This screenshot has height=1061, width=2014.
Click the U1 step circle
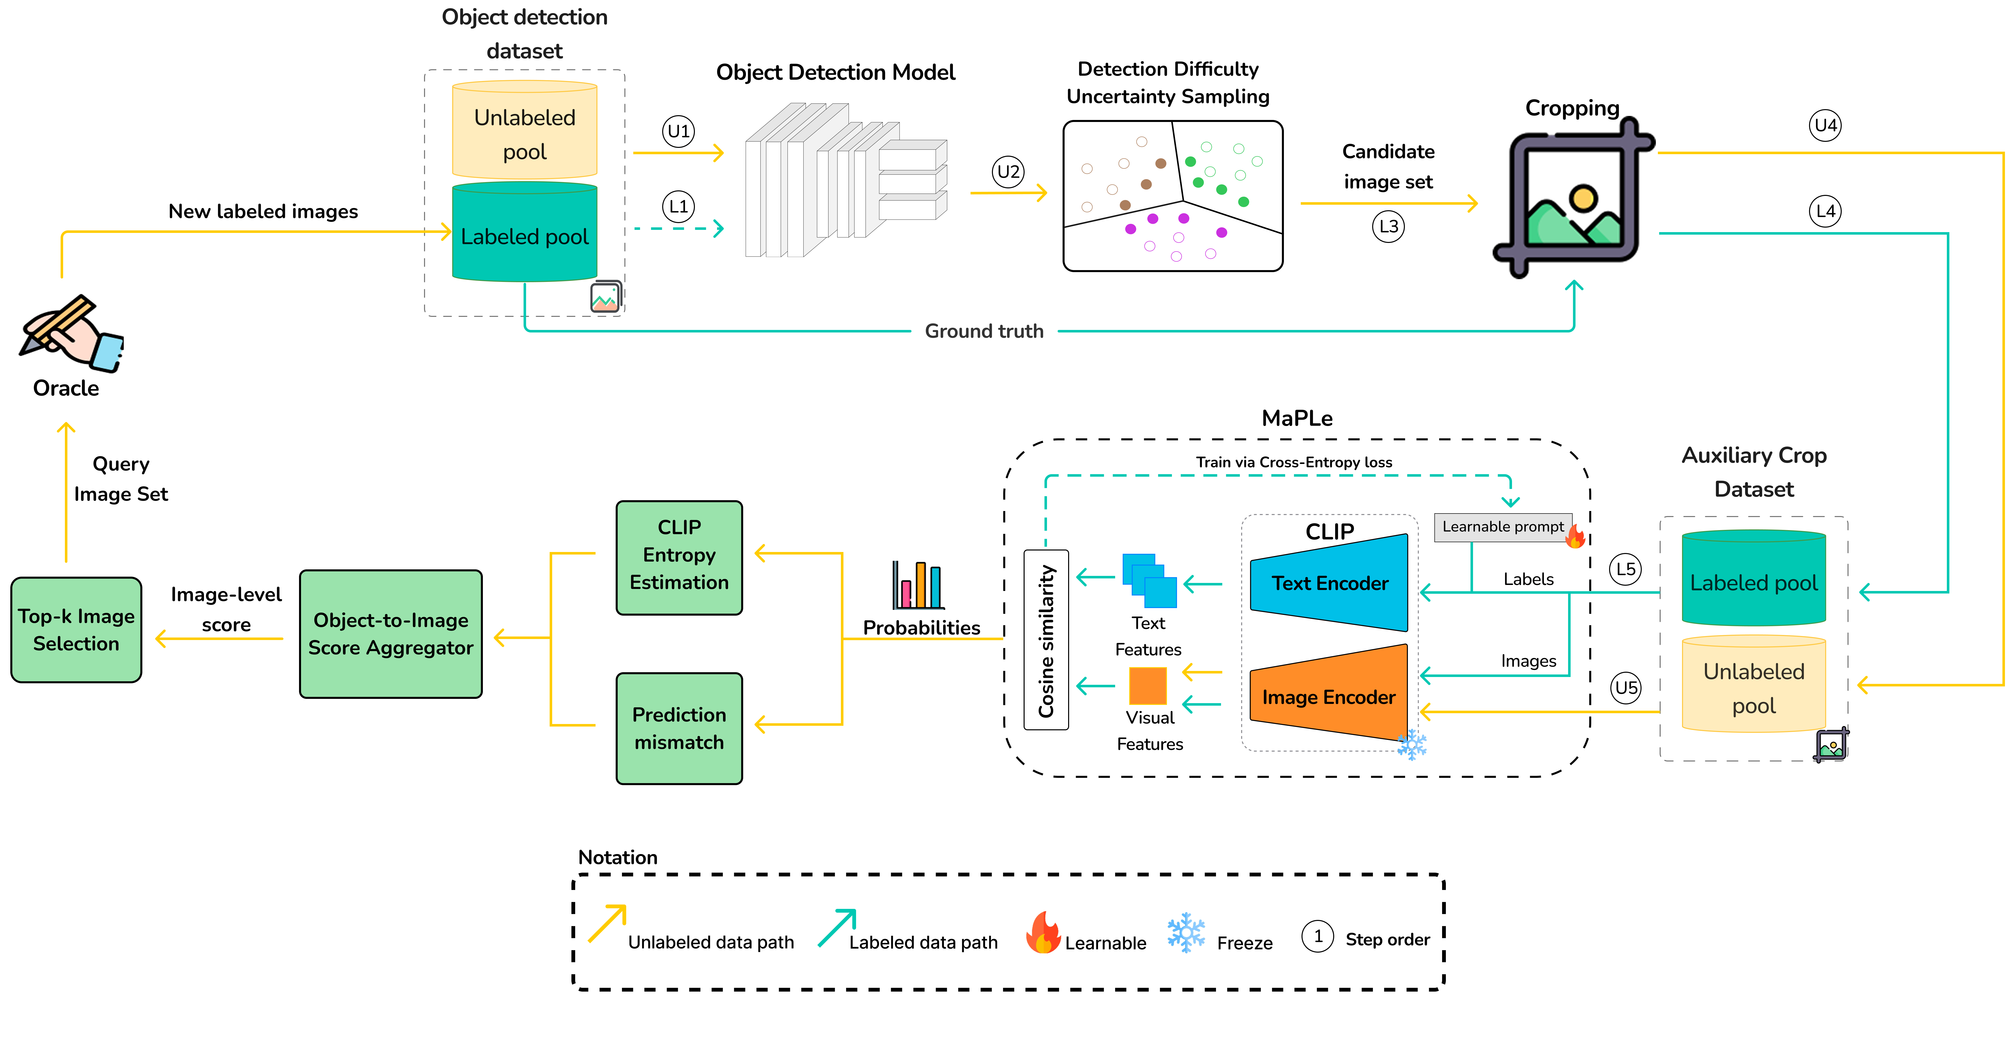coord(679,131)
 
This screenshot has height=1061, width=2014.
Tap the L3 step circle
coord(1389,227)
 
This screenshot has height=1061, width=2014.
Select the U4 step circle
coord(1826,125)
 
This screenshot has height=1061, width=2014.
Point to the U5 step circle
coord(1626,688)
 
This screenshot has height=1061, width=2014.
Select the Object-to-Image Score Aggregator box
coord(391,634)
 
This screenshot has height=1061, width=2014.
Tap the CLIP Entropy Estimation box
coord(679,558)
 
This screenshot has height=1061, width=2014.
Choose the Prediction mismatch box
coord(679,729)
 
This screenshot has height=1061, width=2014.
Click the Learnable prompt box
coord(1503,527)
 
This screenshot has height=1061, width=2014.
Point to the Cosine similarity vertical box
coord(1046,640)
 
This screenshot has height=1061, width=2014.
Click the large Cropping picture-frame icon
coord(1573,197)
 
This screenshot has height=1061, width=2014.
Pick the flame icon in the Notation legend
coord(1043,932)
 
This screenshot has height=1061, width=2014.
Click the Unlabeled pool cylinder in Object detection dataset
coord(525,130)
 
